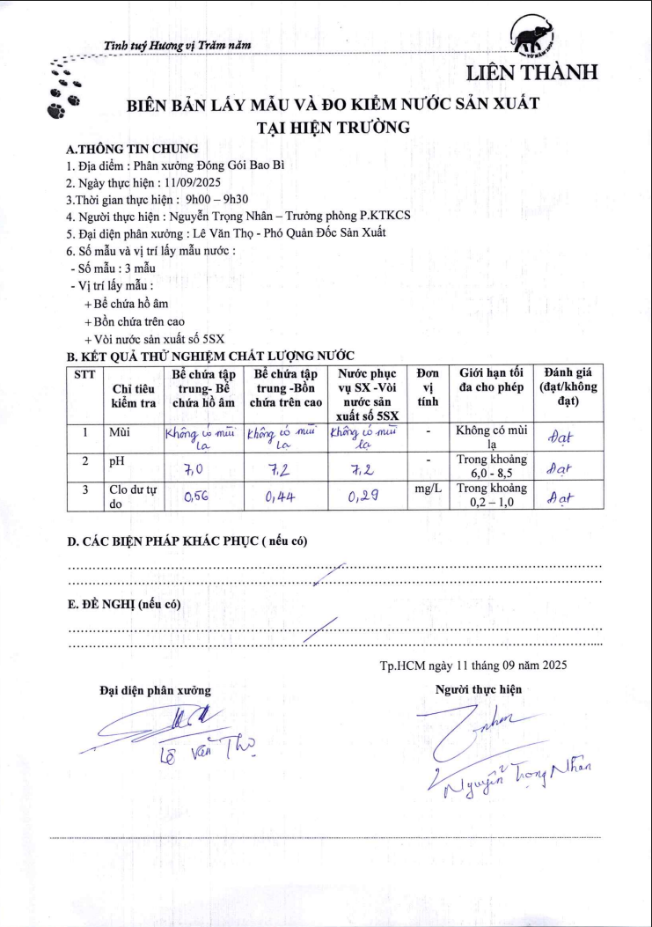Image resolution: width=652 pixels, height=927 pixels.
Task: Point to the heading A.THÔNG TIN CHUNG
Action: point(133,149)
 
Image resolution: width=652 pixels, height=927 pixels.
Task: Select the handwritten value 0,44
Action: point(280,497)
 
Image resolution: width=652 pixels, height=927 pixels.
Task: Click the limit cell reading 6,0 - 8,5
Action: point(491,466)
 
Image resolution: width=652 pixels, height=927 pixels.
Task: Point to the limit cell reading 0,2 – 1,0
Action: point(491,495)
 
